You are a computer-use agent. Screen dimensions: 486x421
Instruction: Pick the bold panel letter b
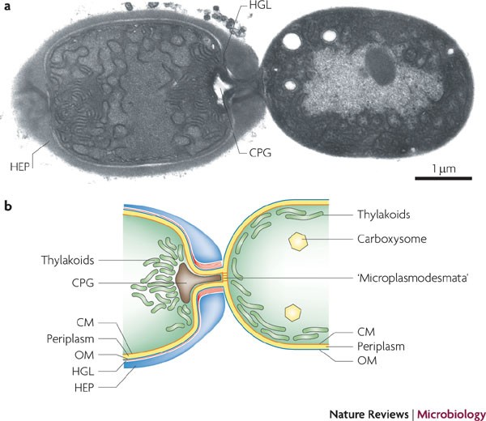tap(7, 206)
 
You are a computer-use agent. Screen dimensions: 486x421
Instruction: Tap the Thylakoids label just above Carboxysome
tap(383, 215)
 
